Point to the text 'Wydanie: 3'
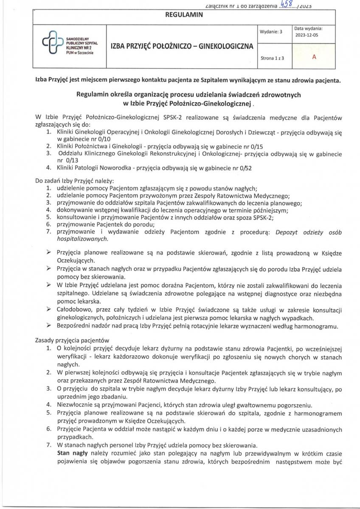(x=270, y=32)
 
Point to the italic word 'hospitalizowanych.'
(x=82, y=239)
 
